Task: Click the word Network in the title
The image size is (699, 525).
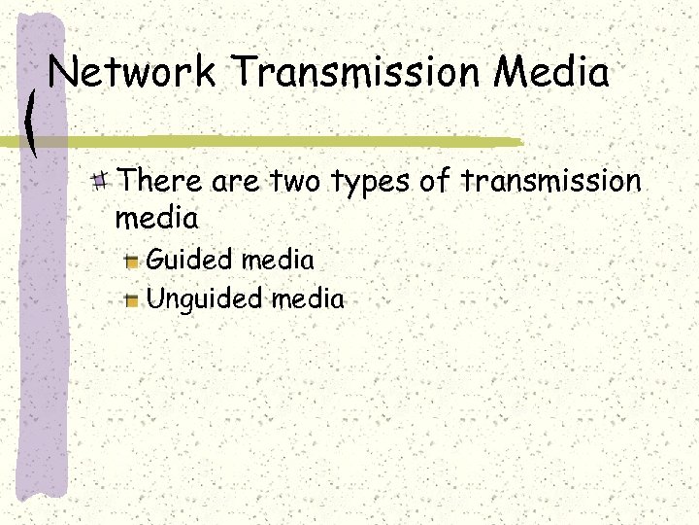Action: click(x=133, y=73)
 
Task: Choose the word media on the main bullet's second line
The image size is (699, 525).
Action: click(x=156, y=218)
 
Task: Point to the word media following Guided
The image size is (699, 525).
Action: click(x=278, y=260)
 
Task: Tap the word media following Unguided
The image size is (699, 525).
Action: click(x=309, y=298)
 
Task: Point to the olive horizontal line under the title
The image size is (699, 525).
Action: click(x=291, y=142)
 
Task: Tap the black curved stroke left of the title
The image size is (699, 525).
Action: click(x=32, y=122)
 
